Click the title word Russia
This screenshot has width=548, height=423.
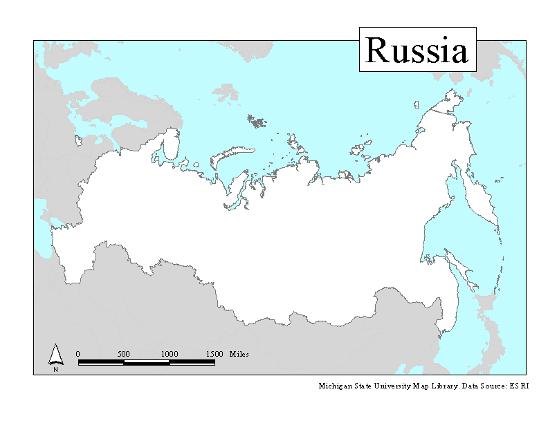pos(417,50)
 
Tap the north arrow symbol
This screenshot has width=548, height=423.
pos(55,355)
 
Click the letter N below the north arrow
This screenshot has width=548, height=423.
pos(55,369)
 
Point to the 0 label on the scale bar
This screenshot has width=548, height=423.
pos(77,354)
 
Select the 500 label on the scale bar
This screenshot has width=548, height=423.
pos(124,354)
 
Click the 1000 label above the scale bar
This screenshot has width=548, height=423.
pos(170,354)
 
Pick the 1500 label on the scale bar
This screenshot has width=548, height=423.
pos(214,354)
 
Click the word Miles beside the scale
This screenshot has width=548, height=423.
pos(239,354)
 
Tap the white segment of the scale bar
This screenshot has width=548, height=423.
pos(147,362)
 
